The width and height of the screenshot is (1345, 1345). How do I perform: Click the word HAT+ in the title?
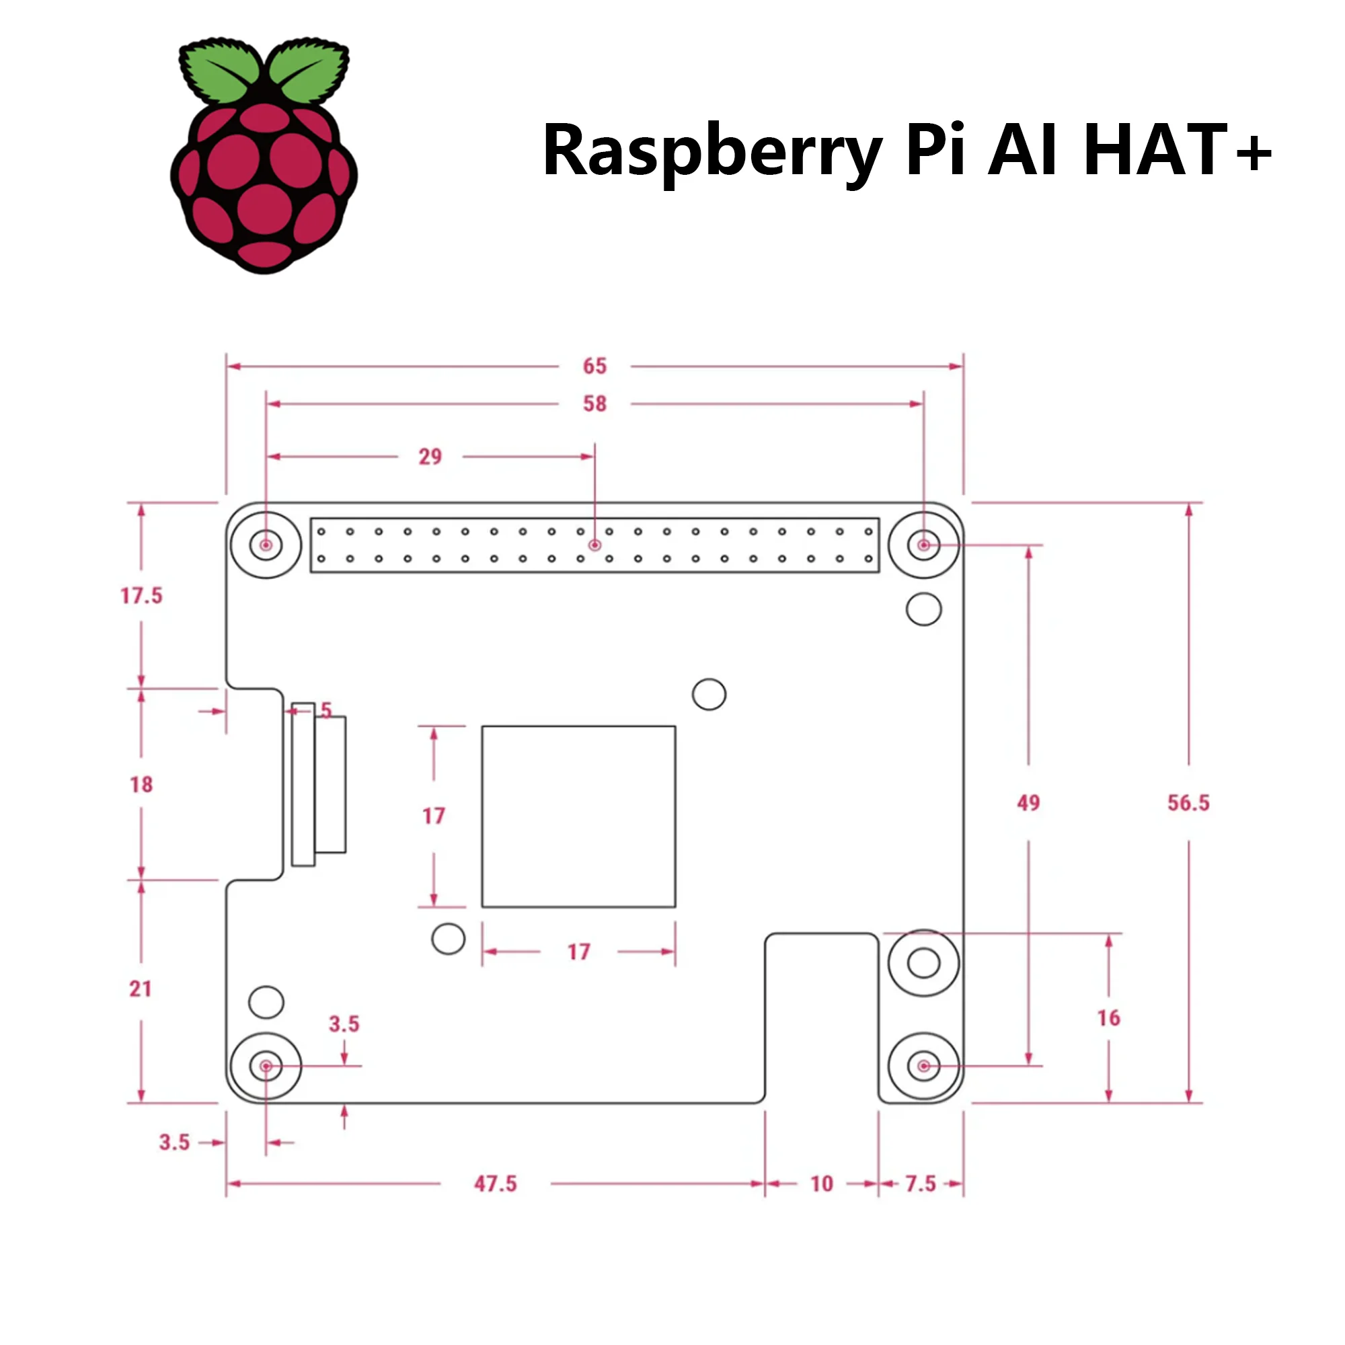(1176, 150)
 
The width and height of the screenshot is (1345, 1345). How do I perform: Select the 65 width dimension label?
(594, 367)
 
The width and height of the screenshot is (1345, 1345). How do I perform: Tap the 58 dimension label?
(594, 403)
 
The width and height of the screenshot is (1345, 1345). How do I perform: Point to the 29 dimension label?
(430, 457)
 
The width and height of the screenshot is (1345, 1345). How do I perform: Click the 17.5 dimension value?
(141, 596)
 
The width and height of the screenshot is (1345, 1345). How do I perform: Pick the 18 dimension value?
(141, 785)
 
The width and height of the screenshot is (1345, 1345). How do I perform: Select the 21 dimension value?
(141, 989)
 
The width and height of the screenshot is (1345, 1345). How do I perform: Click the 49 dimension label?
(1028, 803)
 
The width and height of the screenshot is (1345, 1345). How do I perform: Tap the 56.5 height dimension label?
(1188, 803)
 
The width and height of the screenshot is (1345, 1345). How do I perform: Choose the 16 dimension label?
(1108, 1018)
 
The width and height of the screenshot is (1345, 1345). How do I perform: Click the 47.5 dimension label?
(496, 1184)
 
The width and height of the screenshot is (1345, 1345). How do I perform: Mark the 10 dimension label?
(822, 1184)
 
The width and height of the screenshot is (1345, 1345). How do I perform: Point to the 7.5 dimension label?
(921, 1184)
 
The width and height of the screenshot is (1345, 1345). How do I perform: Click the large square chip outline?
(578, 816)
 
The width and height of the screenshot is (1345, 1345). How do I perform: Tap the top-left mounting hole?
(266, 545)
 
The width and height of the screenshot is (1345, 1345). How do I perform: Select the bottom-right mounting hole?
(924, 1066)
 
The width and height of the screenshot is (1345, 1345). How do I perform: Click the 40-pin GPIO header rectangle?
(594, 545)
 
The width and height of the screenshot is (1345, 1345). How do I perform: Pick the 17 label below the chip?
(578, 952)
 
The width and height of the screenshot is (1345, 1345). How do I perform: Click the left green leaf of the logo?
(219, 72)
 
